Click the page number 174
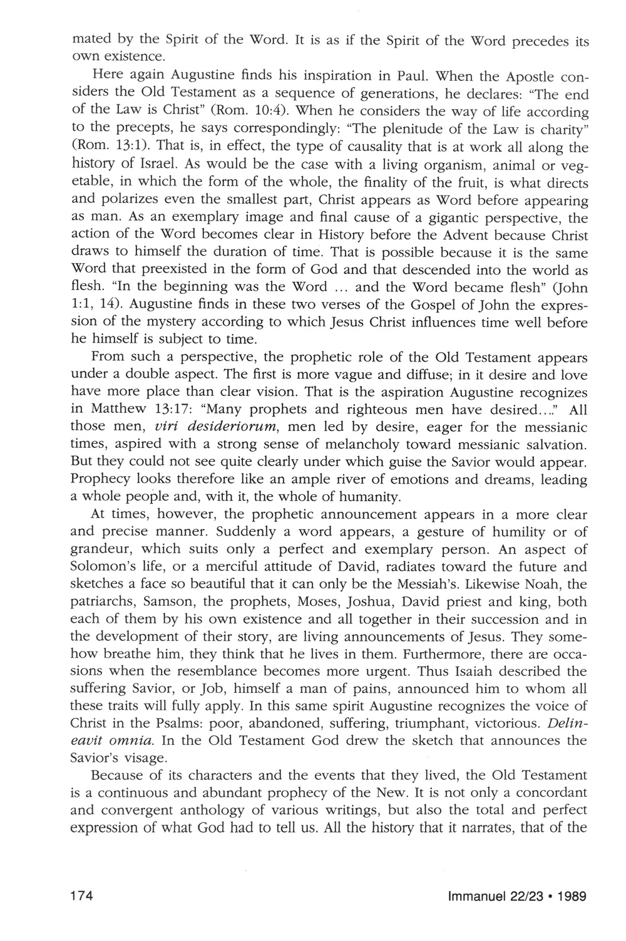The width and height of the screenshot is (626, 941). tap(83, 897)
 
